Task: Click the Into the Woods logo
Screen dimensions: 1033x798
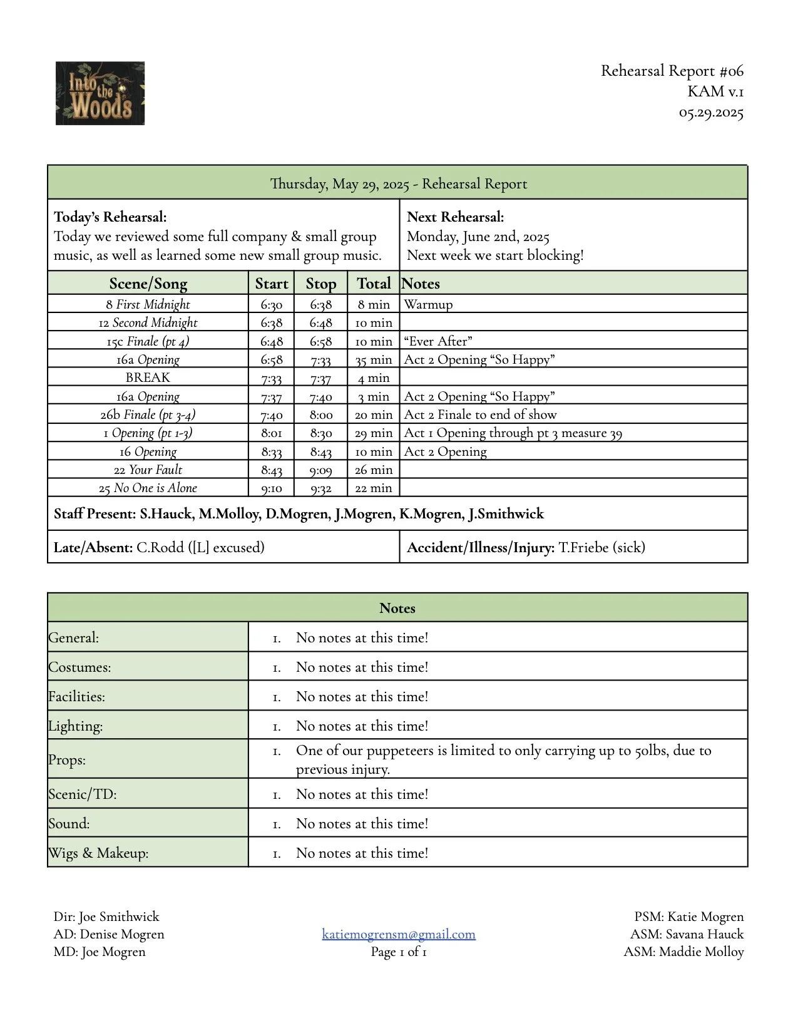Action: pyautogui.click(x=100, y=93)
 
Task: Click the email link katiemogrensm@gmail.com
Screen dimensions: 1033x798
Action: pyautogui.click(x=399, y=934)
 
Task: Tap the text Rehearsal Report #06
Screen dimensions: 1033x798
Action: pyautogui.click(x=672, y=71)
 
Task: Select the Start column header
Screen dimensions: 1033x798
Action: pyautogui.click(x=271, y=284)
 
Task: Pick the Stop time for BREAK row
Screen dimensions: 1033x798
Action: pyautogui.click(x=320, y=378)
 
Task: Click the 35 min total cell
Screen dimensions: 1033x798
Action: pyautogui.click(x=373, y=360)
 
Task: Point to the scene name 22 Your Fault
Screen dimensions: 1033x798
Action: pyautogui.click(x=148, y=470)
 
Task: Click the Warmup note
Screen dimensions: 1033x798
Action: pyautogui.click(x=428, y=305)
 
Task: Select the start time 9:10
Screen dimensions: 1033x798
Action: pyautogui.click(x=271, y=488)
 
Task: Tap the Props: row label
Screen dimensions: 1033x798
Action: pyautogui.click(x=68, y=759)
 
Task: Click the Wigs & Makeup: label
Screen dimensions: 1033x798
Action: pyautogui.click(x=98, y=853)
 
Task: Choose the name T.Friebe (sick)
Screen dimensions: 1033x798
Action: pyautogui.click(x=601, y=547)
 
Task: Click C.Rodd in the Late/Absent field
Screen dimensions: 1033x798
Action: pyautogui.click(x=160, y=547)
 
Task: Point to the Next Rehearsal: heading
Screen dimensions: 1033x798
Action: pyautogui.click(x=455, y=217)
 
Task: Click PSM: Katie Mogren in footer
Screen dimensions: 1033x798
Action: pyautogui.click(x=688, y=917)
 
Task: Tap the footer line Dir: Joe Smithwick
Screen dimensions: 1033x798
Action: pyautogui.click(x=106, y=917)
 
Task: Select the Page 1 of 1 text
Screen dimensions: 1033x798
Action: pyautogui.click(x=399, y=952)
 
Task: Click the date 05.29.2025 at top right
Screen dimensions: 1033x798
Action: pyautogui.click(x=711, y=113)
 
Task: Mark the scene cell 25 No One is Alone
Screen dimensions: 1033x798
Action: pyautogui.click(x=148, y=488)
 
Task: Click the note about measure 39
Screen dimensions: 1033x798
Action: pyautogui.click(x=513, y=433)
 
